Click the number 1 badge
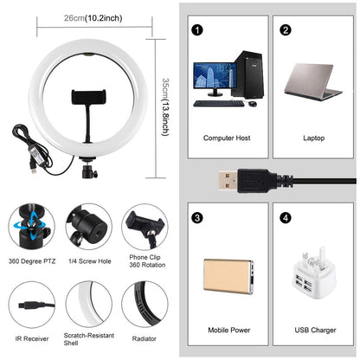click(x=198, y=29)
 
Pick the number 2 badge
click(x=286, y=29)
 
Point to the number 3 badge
click(x=198, y=217)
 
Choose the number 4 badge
click(x=286, y=217)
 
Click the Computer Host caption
click(x=227, y=138)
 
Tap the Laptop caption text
click(x=312, y=138)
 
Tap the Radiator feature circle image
click(x=145, y=303)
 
